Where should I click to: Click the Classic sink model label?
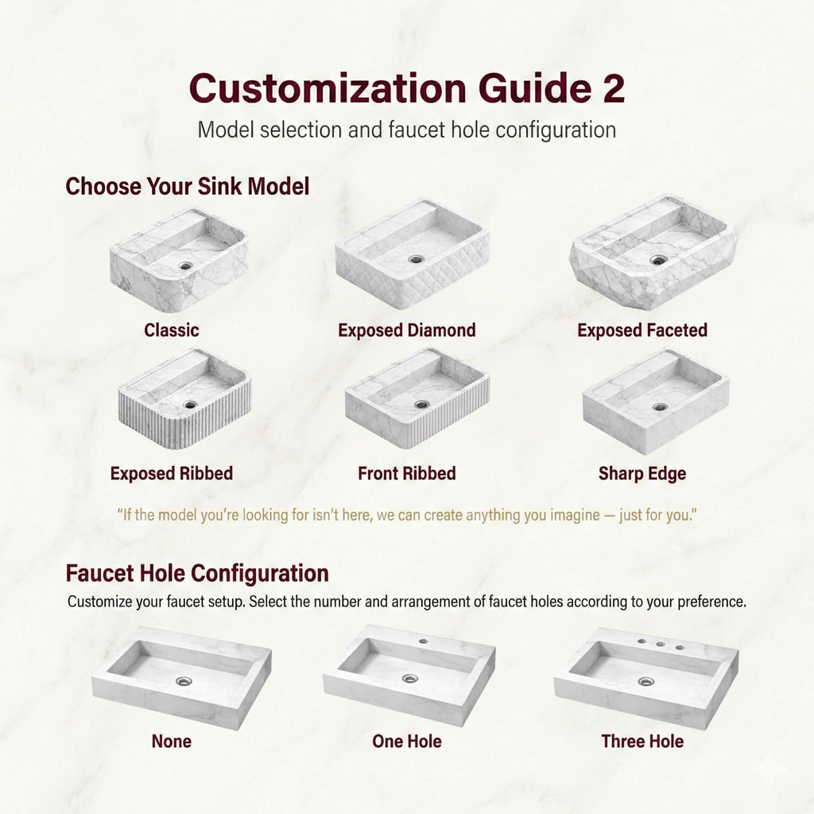click(x=172, y=330)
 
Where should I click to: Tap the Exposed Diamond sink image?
click(x=412, y=252)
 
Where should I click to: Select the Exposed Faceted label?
click(x=642, y=330)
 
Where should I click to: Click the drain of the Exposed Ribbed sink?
click(x=190, y=405)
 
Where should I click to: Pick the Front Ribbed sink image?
click(x=417, y=397)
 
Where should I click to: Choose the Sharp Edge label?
click(x=642, y=475)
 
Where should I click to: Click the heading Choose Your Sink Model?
click(x=188, y=187)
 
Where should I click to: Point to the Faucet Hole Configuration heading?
click(x=197, y=573)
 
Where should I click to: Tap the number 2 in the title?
click(x=610, y=87)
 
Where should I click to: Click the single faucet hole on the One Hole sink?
click(x=423, y=641)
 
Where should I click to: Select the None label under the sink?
click(x=172, y=742)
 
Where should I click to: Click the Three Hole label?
click(x=642, y=742)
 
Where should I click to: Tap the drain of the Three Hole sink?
click(x=645, y=681)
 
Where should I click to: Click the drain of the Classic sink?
click(x=186, y=266)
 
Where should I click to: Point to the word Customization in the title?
click(x=328, y=87)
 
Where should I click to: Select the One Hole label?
click(x=407, y=742)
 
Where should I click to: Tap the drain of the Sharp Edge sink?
click(x=660, y=407)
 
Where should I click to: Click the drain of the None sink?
click(x=184, y=681)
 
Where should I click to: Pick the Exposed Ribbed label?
click(x=172, y=475)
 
